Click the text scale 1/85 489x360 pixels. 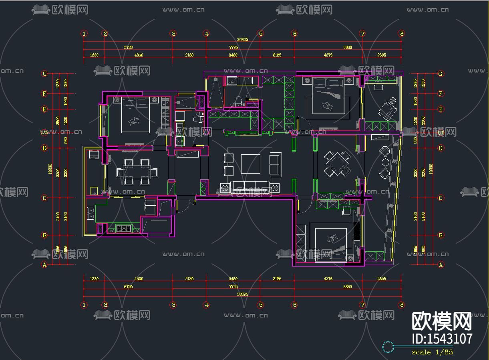(x=432, y=352)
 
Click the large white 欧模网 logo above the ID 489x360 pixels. (x=442, y=321)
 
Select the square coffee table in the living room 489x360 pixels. (x=250, y=164)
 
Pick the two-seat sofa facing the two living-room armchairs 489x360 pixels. (x=276, y=164)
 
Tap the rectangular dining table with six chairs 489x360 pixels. (x=137, y=172)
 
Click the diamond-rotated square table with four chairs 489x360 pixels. (x=337, y=164)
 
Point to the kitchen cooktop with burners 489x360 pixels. (x=123, y=229)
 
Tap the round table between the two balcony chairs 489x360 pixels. (x=386, y=162)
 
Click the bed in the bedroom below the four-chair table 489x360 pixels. (x=331, y=245)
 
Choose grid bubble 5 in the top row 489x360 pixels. (x=261, y=34)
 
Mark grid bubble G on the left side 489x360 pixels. (x=45, y=74)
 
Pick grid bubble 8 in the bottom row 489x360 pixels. (x=402, y=305)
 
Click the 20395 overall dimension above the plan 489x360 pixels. (x=243, y=39)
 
